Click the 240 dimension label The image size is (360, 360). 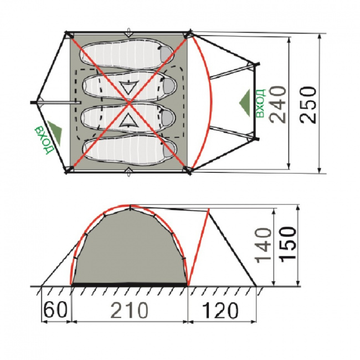(278, 105)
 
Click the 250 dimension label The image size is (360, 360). (308, 105)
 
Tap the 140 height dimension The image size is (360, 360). (263, 244)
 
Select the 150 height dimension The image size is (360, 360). (288, 244)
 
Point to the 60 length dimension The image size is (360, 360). (56, 310)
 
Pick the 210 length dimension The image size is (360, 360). (129, 310)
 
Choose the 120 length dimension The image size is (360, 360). (220, 310)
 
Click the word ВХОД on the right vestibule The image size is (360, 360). (260, 104)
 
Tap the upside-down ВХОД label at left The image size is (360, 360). (44, 139)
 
